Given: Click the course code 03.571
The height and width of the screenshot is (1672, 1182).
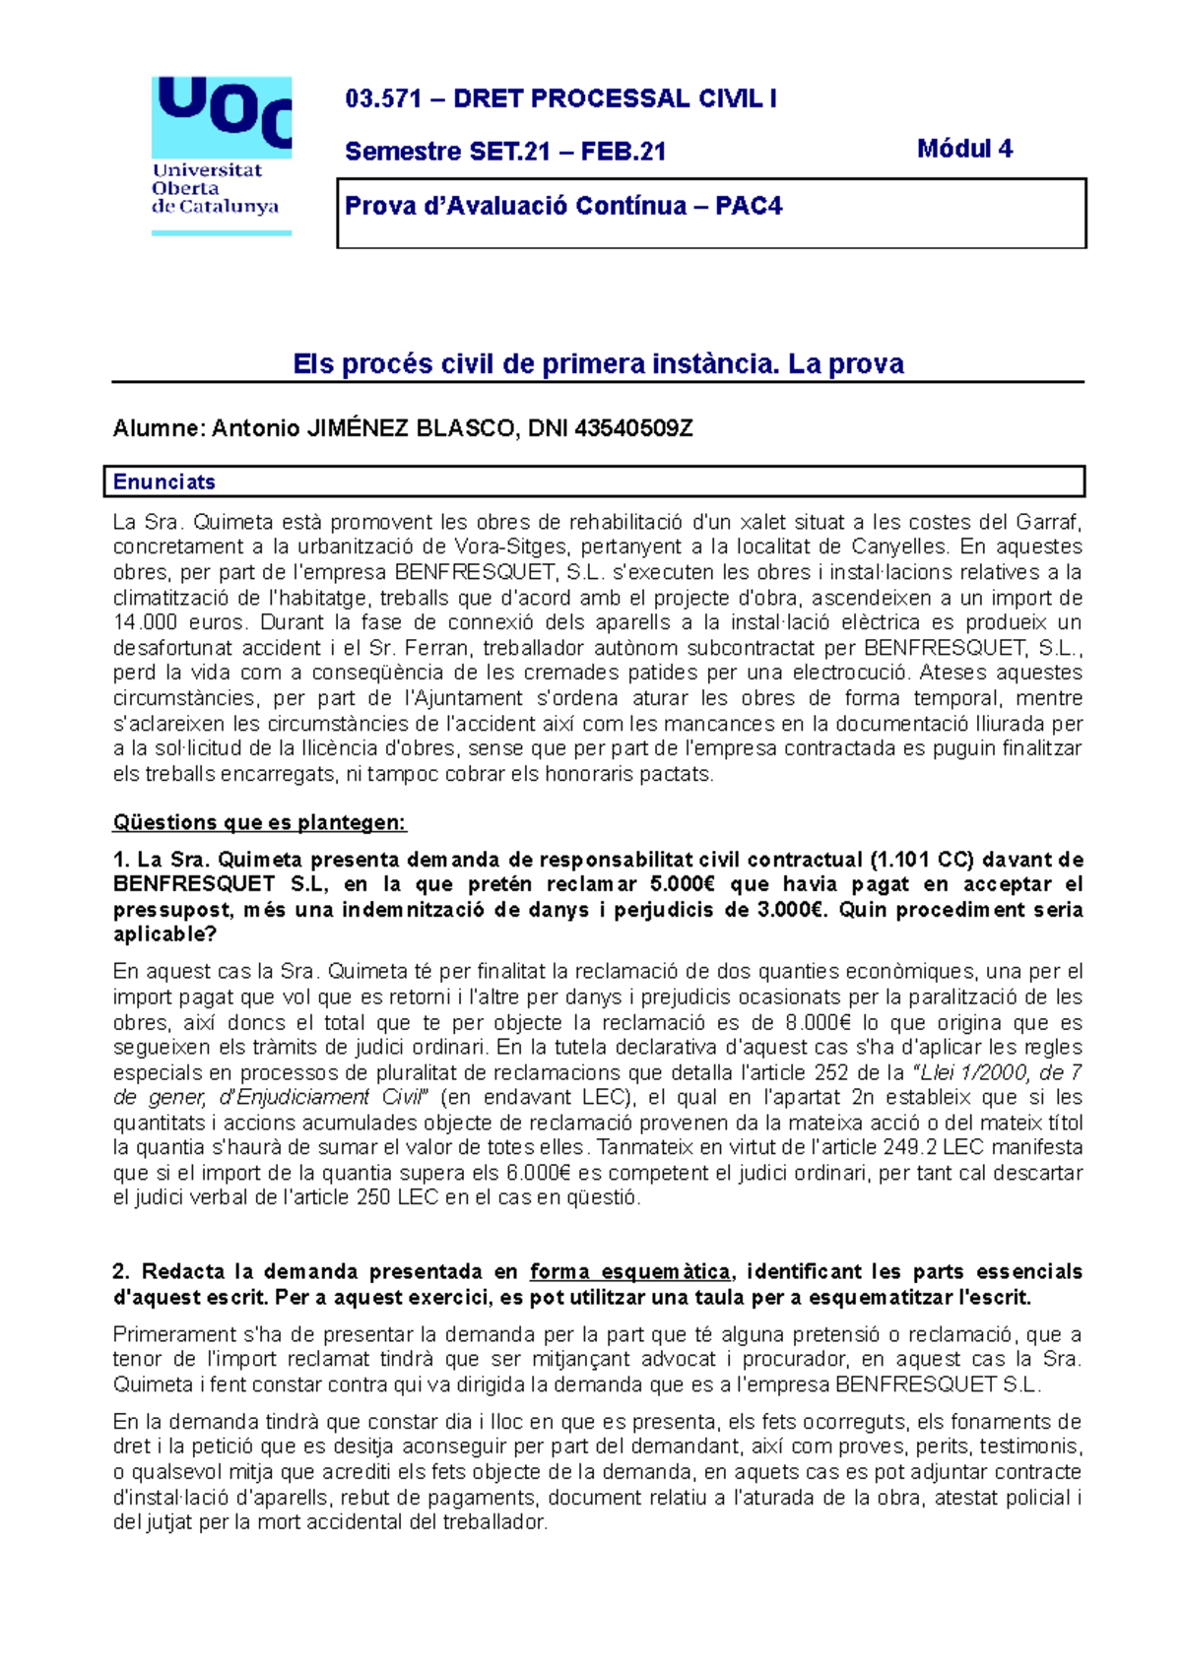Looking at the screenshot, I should point(382,98).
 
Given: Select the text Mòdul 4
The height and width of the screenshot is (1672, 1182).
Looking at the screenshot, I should point(964,149).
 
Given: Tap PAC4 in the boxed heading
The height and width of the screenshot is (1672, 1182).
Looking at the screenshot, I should point(749,206).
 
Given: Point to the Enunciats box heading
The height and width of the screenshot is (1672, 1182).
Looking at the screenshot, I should point(164,482).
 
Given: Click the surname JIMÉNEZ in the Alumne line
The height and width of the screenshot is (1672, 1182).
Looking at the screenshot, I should point(358,428).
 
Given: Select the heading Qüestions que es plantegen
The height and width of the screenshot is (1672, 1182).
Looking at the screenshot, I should point(259,822).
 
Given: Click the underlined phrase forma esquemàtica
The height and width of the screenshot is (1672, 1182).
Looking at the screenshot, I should point(630,1272).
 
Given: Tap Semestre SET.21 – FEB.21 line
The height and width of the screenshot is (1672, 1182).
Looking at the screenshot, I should point(505,152).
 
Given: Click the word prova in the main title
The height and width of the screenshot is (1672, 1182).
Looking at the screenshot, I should point(866,364).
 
